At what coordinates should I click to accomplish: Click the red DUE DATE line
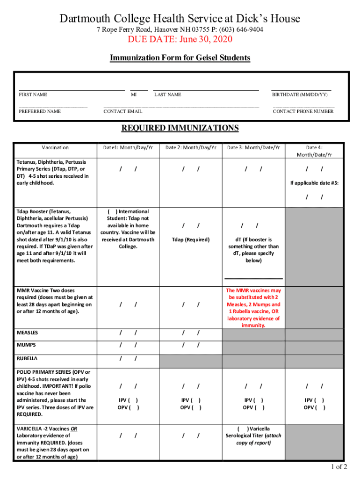[180, 39]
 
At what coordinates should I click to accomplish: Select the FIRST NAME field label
[33, 95]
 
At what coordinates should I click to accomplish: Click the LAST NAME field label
[167, 95]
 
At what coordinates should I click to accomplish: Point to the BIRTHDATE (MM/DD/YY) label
[300, 95]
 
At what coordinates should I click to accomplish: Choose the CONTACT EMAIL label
[122, 112]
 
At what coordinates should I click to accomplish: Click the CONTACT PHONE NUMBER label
[303, 112]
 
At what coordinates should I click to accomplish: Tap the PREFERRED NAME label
[40, 112]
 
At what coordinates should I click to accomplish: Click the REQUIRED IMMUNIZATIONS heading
[180, 128]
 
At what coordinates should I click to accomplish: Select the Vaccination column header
[55, 148]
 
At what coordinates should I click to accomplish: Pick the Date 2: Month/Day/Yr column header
[191, 148]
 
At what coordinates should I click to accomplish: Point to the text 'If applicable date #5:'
[314, 183]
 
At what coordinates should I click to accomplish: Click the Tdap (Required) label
[191, 239]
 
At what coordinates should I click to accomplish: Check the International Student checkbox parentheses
[112, 211]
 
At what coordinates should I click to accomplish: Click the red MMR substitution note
[254, 308]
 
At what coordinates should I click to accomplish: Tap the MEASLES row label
[28, 333]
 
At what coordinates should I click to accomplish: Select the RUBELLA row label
[27, 359]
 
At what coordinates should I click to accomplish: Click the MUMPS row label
[26, 345]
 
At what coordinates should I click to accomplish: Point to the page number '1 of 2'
[338, 467]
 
